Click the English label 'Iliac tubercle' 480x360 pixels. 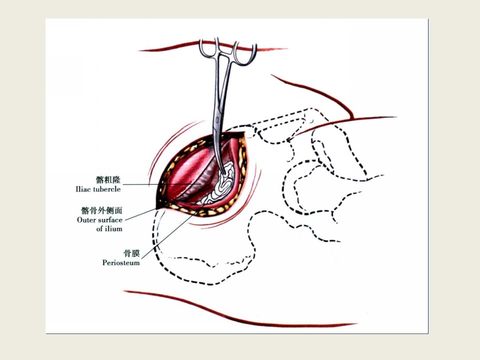(98, 189)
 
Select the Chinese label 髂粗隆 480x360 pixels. (108, 179)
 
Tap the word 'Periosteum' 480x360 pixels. (121, 262)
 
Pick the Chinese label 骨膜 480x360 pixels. (131, 253)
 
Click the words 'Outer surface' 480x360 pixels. (99, 220)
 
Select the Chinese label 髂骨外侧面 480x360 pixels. (101, 210)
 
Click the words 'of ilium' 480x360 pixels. (109, 228)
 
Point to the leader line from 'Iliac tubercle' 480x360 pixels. (162, 184)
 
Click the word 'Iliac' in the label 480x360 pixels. (83, 189)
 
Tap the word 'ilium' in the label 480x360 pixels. (113, 228)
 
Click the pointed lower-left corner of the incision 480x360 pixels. (156, 209)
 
